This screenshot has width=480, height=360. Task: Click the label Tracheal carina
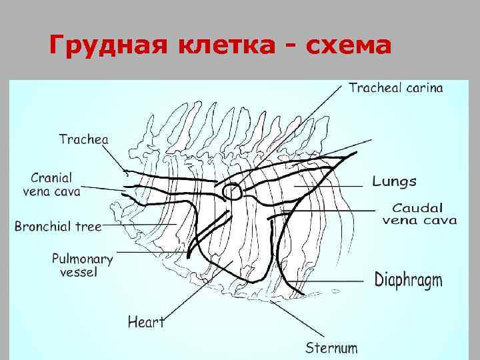click(395, 88)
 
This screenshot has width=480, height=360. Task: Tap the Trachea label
click(83, 139)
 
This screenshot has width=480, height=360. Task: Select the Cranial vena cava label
click(56, 185)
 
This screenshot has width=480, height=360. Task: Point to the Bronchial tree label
click(58, 226)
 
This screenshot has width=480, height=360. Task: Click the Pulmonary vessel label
click(83, 265)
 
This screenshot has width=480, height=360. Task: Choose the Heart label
click(146, 322)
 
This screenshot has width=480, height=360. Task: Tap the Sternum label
click(331, 347)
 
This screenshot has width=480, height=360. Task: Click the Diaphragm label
click(408, 279)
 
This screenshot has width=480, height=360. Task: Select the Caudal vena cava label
click(419, 214)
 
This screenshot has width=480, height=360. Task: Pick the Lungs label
click(394, 181)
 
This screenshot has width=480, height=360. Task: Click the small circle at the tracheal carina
click(232, 192)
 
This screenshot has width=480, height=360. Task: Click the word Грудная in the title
click(108, 47)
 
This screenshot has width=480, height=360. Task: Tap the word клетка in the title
click(226, 47)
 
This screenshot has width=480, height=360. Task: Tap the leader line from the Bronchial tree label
click(140, 225)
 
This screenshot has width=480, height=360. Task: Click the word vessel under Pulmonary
click(79, 272)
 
